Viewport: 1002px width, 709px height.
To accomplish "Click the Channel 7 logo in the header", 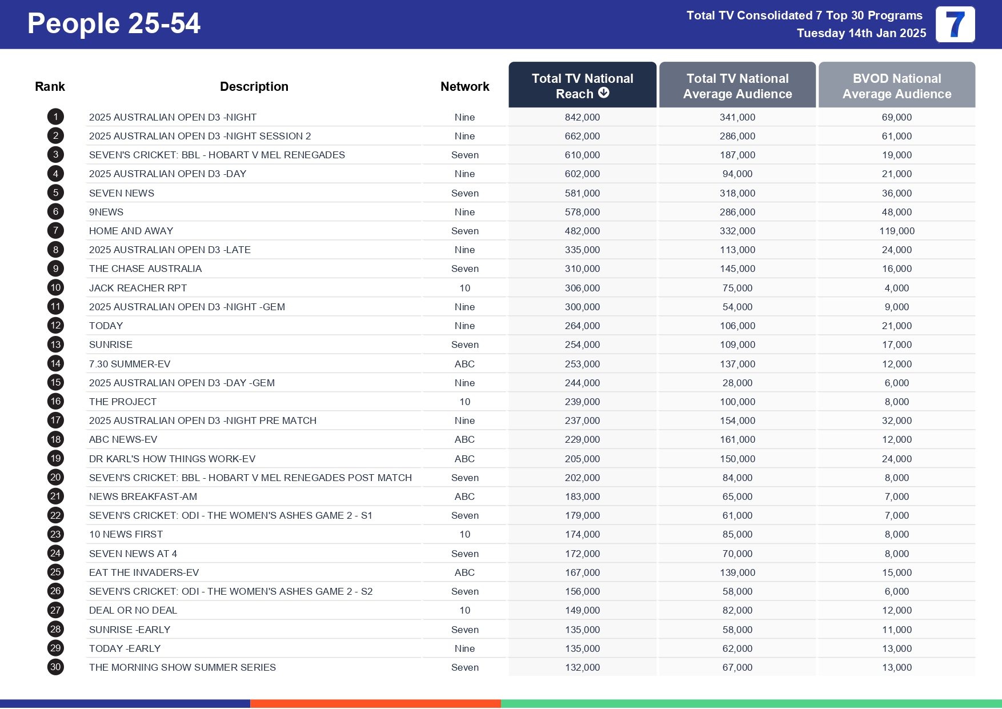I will point(955,25).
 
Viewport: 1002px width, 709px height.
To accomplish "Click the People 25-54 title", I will point(114,24).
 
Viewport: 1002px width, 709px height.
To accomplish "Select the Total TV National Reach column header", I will point(582,86).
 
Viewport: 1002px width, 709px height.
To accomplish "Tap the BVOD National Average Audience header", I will point(896,86).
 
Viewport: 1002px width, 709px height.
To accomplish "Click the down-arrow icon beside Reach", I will point(604,93).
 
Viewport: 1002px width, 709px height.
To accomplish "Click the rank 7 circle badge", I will point(55,231).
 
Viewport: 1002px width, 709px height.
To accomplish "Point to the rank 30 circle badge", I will point(55,667).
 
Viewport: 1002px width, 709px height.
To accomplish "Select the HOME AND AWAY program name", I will point(131,231).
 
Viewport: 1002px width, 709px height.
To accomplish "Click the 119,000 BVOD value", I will point(896,231).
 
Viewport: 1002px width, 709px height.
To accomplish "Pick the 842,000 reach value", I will point(582,117).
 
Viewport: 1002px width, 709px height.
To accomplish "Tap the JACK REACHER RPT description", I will point(138,288).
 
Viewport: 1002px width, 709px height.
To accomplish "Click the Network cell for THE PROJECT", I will point(464,402).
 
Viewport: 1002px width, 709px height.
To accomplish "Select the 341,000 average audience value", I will point(737,117).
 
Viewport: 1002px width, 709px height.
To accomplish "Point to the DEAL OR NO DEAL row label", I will point(133,610).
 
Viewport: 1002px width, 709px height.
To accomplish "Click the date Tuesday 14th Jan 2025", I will point(861,33).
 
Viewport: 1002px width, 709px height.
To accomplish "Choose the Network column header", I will point(464,86).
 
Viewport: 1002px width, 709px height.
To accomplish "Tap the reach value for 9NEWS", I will point(582,212).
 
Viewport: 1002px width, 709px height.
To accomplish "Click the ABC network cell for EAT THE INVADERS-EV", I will point(464,572).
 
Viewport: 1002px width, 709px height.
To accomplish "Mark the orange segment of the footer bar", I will point(375,704).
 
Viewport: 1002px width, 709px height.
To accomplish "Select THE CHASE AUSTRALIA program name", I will point(145,269).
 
